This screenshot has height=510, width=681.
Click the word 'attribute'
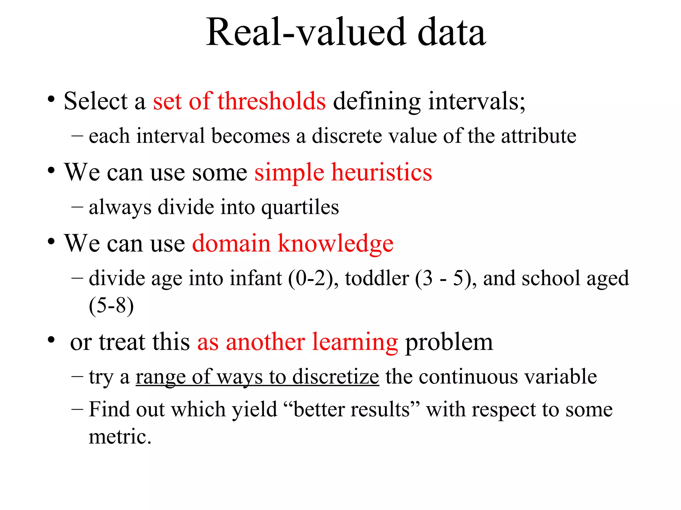pos(538,136)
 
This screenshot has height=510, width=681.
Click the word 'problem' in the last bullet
pos(449,342)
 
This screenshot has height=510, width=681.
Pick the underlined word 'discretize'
pos(336,377)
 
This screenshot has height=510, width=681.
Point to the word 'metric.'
pos(120,437)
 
